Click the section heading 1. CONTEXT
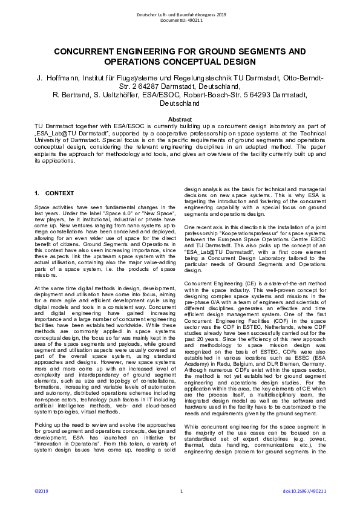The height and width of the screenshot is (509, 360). [x=54, y=193]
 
